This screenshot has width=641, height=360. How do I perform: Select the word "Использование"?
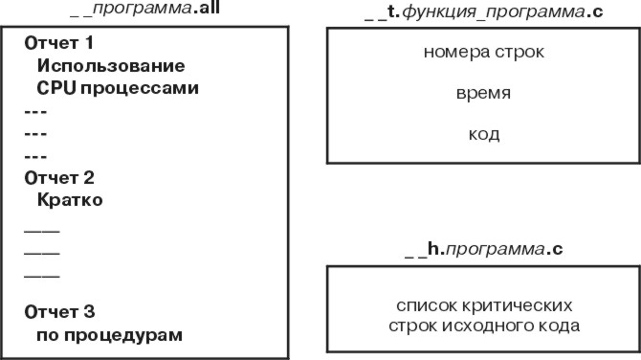110,67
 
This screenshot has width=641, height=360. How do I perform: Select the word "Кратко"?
70,201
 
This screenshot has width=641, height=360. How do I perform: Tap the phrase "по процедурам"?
109,335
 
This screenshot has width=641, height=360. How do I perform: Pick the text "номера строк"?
483,52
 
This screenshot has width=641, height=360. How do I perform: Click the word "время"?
483,95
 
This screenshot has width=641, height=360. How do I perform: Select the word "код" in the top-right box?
483,134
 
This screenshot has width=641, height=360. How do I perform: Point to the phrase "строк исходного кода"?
483,326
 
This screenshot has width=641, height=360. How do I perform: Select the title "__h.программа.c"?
483,249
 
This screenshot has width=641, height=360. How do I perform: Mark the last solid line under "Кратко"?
40,276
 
